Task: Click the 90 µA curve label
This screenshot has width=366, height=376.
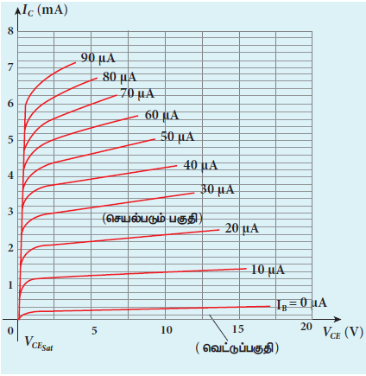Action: point(98,58)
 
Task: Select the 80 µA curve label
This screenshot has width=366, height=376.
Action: point(119,77)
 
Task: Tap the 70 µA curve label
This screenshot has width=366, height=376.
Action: point(137,93)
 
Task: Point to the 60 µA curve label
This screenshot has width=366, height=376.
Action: point(161,115)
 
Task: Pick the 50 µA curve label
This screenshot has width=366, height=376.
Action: point(177,137)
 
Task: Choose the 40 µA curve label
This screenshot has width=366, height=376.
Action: point(200,165)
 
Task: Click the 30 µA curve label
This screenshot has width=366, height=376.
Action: point(218,189)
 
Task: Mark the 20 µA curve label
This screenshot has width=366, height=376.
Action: point(242,228)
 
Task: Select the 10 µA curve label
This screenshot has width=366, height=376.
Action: point(268,270)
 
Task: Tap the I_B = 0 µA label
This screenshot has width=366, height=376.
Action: point(301,303)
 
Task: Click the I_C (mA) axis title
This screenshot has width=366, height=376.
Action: point(45,10)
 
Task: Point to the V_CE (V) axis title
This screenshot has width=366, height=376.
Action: point(343,333)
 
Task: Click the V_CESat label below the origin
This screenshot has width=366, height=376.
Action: point(39,343)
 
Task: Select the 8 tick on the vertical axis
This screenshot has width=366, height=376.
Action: point(10,31)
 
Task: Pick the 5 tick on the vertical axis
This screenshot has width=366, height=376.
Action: point(10,140)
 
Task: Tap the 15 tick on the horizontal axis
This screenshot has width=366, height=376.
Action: point(238,329)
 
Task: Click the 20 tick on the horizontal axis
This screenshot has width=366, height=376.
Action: point(306,327)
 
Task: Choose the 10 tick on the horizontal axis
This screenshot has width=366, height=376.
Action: point(167,330)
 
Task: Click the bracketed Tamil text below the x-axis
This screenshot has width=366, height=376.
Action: point(237,347)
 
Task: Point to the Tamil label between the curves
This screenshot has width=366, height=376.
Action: point(153,219)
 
